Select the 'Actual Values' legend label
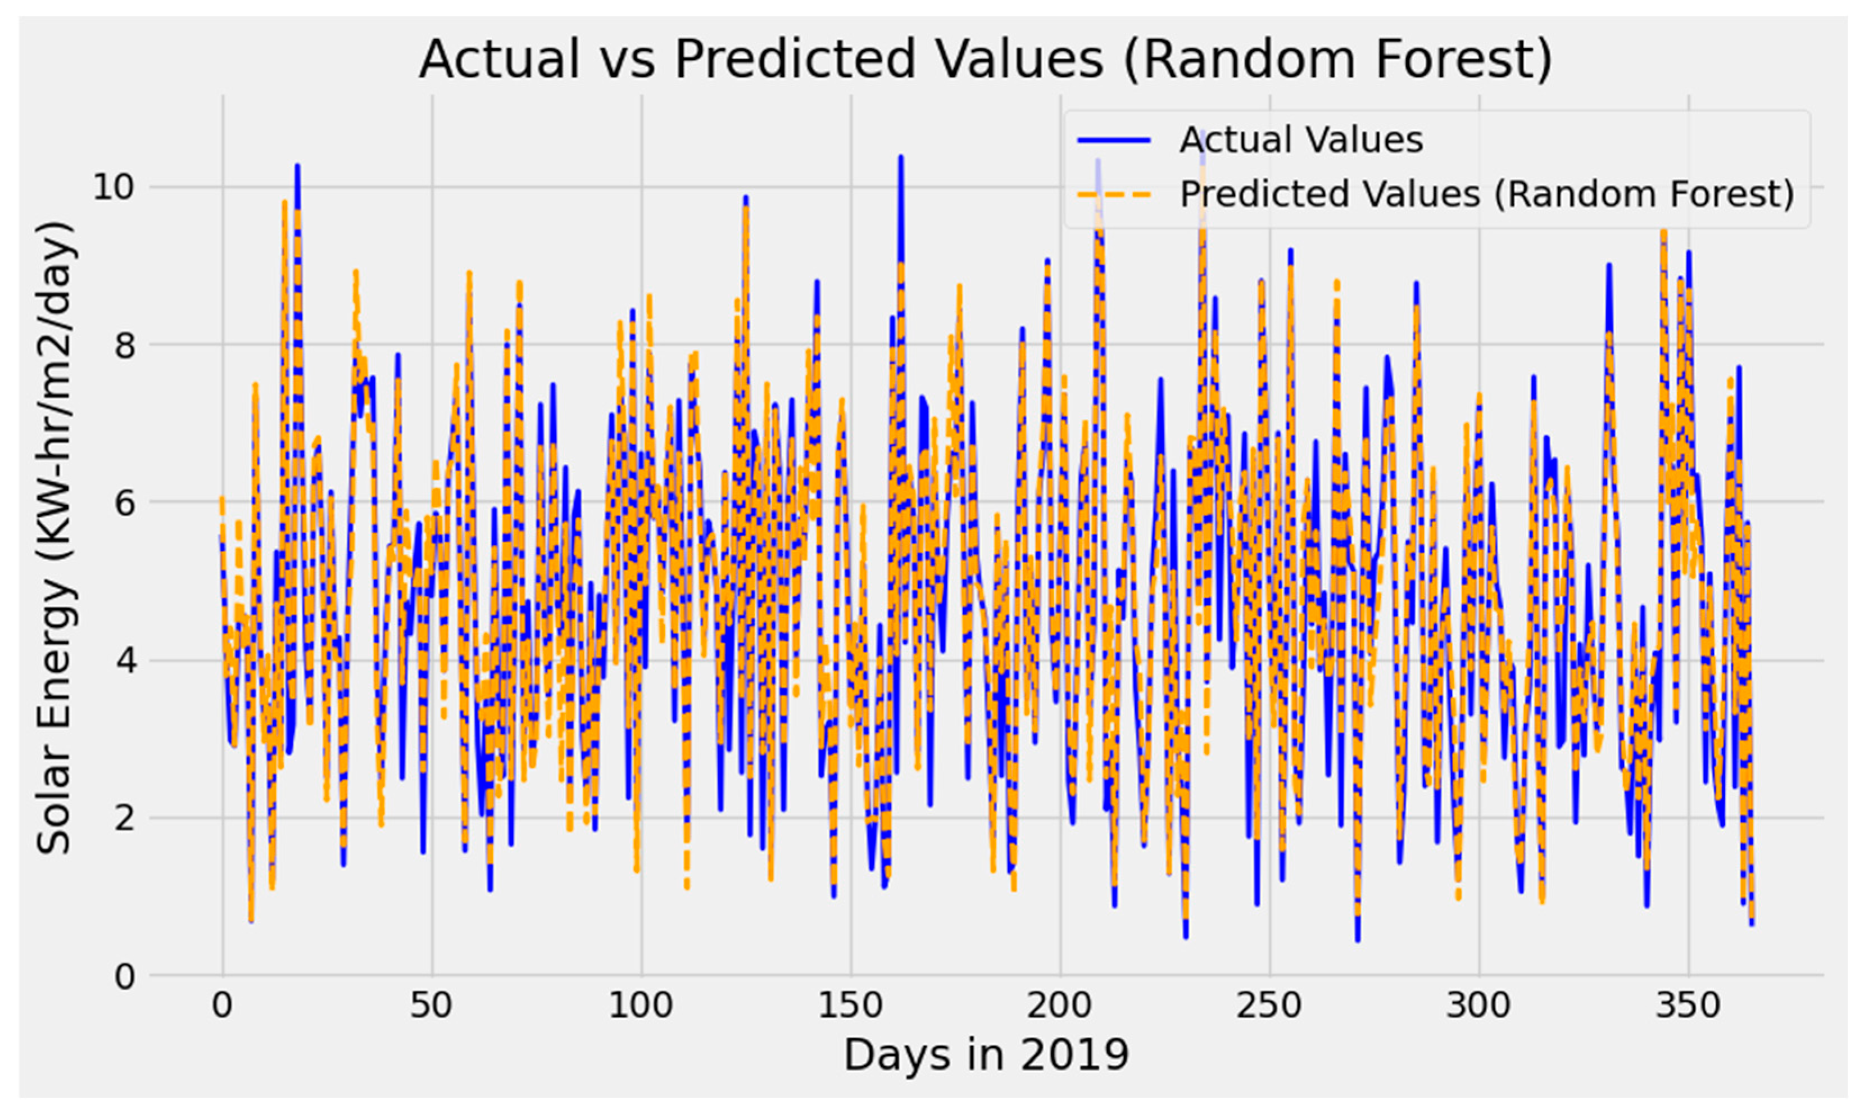1300,141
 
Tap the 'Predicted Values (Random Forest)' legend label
1486,194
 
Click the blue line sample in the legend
1114,141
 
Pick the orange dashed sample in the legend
1114,194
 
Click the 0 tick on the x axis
222,1005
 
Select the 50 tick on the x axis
432,1005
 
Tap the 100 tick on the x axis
641,1005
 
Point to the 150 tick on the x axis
850,1005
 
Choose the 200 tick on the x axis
1060,1005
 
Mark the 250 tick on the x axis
1269,1005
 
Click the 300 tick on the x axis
1478,1005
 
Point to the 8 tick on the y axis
124,345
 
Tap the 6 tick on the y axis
124,502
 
